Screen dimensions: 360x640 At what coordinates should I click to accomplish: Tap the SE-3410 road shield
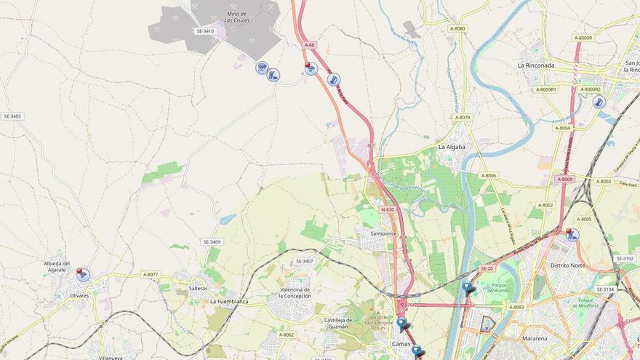pos(205,31)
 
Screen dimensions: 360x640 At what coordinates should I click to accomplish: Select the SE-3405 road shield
pos(12,116)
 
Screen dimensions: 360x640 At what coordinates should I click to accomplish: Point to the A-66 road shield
pos(310,45)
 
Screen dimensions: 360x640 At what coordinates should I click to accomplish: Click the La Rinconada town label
pos(535,65)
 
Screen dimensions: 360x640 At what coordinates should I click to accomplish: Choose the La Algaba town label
pos(452,147)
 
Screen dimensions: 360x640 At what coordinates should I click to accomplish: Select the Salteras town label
pos(198,289)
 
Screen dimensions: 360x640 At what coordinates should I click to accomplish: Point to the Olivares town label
pos(79,295)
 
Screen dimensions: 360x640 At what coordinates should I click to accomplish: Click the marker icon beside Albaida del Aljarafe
pos(83,275)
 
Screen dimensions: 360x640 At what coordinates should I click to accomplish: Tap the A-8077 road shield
pos(151,274)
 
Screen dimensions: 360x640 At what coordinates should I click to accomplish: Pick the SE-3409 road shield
pos(212,241)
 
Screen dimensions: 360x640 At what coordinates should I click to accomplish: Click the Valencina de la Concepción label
pos(295,293)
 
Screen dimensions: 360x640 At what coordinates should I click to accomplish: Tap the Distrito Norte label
pos(567,265)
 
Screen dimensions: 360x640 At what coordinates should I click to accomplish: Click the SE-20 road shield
pos(487,268)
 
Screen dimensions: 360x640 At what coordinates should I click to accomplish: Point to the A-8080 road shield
pos(457,29)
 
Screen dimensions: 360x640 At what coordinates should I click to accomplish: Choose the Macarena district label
pos(535,338)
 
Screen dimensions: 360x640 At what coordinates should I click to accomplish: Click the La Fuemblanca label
pos(229,301)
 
